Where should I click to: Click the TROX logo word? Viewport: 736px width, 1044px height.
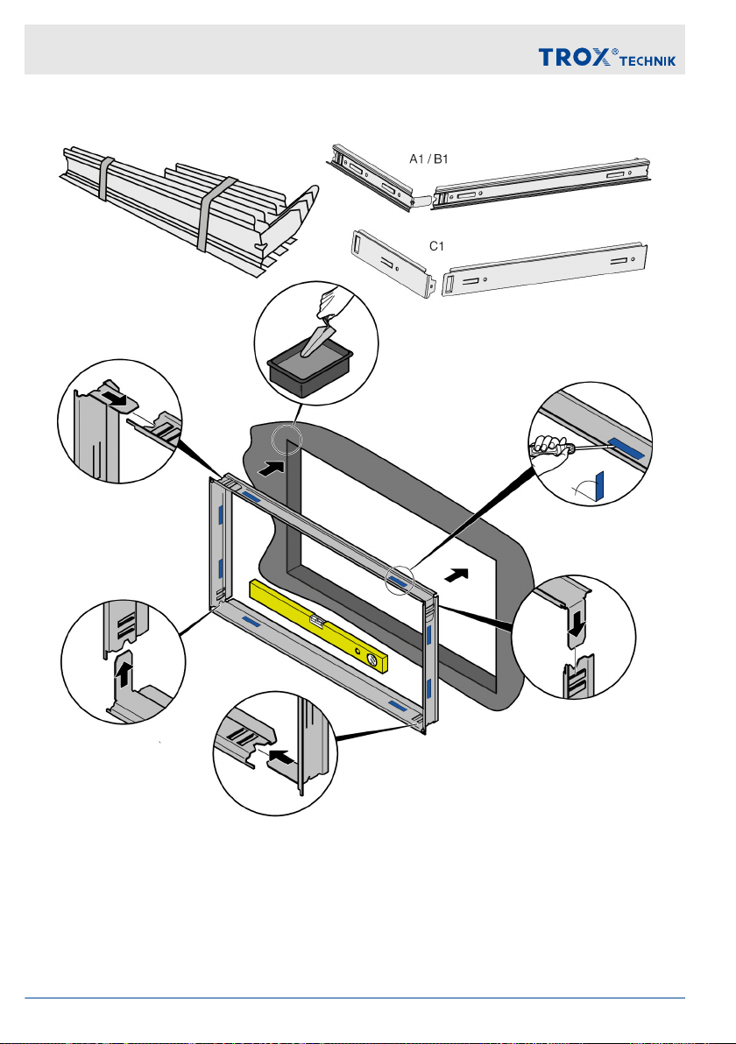[x=574, y=57]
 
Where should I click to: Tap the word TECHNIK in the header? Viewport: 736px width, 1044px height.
[x=648, y=61]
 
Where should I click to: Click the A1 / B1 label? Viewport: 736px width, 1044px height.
[x=428, y=159]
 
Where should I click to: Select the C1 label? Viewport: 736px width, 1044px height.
[x=436, y=246]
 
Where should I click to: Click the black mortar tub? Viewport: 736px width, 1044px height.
[x=310, y=372]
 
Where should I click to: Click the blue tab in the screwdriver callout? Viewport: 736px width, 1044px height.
[x=626, y=448]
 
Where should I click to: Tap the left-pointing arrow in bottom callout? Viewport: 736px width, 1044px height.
[x=282, y=757]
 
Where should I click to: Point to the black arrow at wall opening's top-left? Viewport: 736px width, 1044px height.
[x=271, y=468]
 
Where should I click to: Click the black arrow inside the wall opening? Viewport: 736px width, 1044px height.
[x=456, y=575]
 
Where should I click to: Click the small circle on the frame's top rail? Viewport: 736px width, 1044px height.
[x=400, y=579]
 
